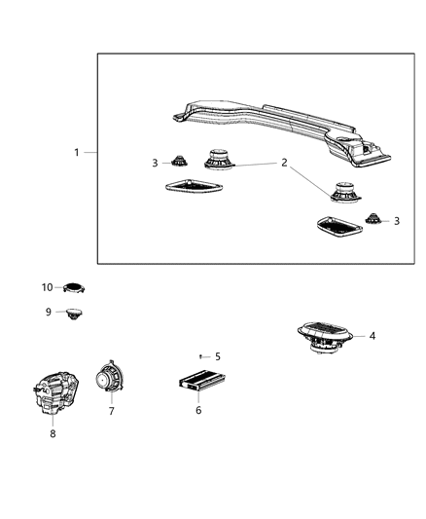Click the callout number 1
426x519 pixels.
[77, 152]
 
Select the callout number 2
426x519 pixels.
[284, 163]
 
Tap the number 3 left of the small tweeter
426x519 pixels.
[155, 163]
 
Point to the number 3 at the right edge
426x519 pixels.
[397, 221]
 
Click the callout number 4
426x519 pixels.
[373, 336]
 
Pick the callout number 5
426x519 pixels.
[218, 356]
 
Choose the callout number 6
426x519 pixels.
[199, 410]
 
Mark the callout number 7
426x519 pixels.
[111, 411]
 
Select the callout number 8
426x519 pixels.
[53, 433]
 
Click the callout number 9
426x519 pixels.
[48, 312]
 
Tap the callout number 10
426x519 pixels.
[47, 287]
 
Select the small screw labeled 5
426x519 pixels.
[201, 356]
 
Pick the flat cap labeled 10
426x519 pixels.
[74, 287]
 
